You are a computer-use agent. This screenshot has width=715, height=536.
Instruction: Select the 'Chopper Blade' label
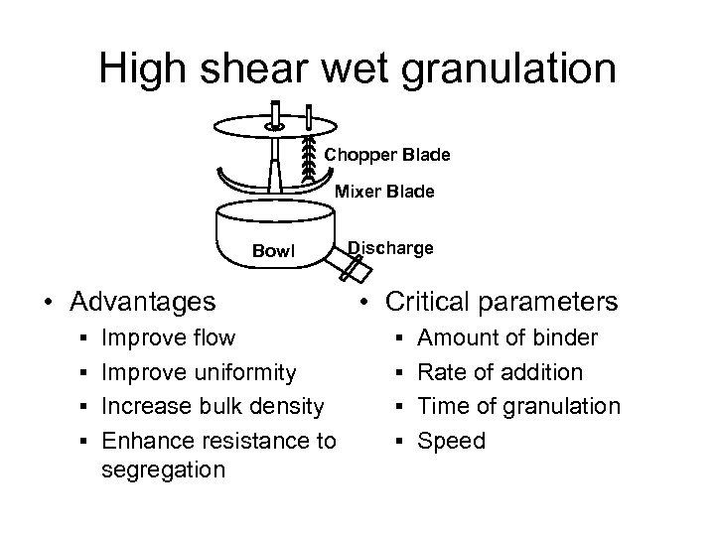pos(388,155)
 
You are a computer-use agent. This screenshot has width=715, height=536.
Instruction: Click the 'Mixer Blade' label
pos(383,193)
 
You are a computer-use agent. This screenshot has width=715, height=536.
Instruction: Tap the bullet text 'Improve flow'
pos(169,338)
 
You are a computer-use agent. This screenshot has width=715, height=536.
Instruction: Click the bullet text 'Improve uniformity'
pos(199,372)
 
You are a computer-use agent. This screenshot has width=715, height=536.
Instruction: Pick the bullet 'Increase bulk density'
pos(213,406)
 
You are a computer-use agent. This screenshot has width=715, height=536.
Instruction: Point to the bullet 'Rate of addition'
pos(501,372)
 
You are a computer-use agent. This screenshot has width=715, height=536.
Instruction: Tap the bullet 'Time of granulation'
pos(519,406)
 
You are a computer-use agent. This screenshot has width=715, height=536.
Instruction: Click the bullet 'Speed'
pos(453,440)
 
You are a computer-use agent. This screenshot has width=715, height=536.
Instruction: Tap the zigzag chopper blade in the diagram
pos(308,157)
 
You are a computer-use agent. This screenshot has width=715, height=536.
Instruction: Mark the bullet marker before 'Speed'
pos(396,440)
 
